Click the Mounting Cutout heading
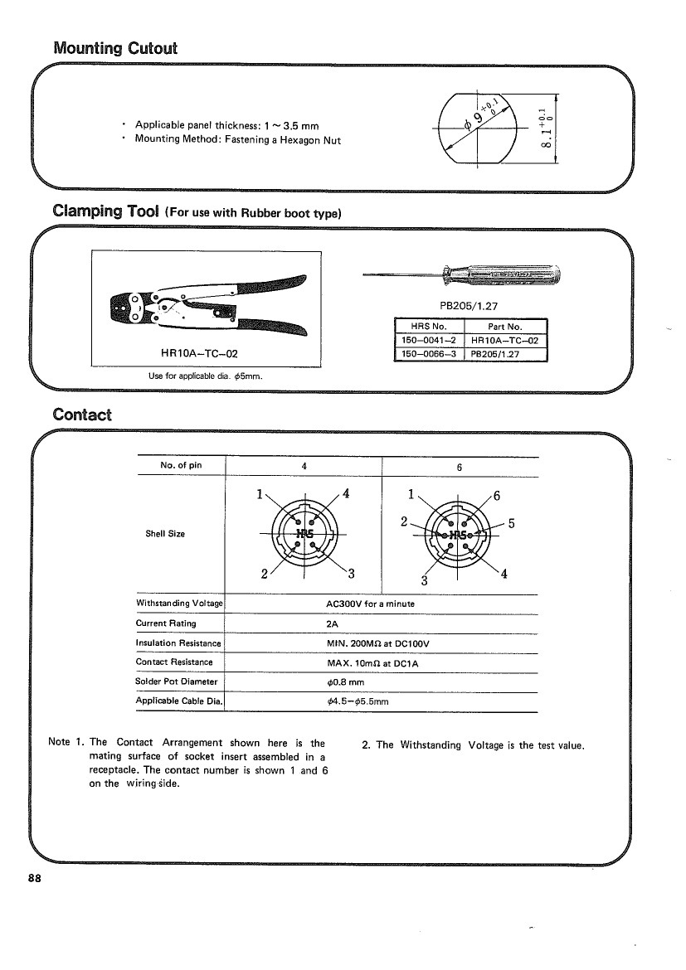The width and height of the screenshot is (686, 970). click(x=115, y=48)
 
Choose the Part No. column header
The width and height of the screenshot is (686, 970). click(x=507, y=326)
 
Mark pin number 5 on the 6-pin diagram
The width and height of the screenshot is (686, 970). click(x=512, y=523)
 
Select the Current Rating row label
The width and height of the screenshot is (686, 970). click(x=166, y=623)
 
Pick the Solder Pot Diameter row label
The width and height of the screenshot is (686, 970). click(x=176, y=681)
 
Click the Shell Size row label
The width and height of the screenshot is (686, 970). click(x=165, y=534)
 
